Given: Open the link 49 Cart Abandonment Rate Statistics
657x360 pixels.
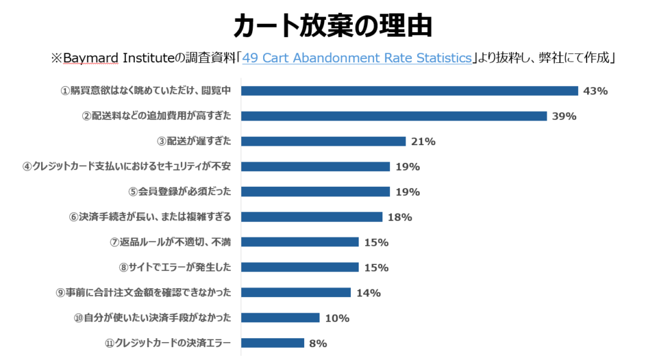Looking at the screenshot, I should pos(357,58).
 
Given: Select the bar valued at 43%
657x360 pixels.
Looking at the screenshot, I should pos(409,90).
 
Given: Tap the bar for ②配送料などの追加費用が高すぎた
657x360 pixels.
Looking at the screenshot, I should pos(394,116).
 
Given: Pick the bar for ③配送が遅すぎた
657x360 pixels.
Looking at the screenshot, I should pos(323,141).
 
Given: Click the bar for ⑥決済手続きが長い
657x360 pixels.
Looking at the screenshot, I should pos(312,217).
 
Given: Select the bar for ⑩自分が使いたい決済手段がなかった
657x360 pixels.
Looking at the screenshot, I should pos(280,318).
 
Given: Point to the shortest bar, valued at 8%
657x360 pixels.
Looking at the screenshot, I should pos(273,343).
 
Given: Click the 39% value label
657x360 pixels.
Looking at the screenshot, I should pos(564,116).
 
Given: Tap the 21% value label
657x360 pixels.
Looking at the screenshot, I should pos(423,141).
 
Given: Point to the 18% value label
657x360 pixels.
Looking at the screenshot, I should pos(400,217).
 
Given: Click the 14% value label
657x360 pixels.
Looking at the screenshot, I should pos(368,293).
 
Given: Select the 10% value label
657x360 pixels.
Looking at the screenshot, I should pos(337,318).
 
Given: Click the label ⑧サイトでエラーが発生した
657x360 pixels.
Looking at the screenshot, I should pos(175,267).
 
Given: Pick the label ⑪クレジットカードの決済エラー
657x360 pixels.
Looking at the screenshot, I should pos(167,343).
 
